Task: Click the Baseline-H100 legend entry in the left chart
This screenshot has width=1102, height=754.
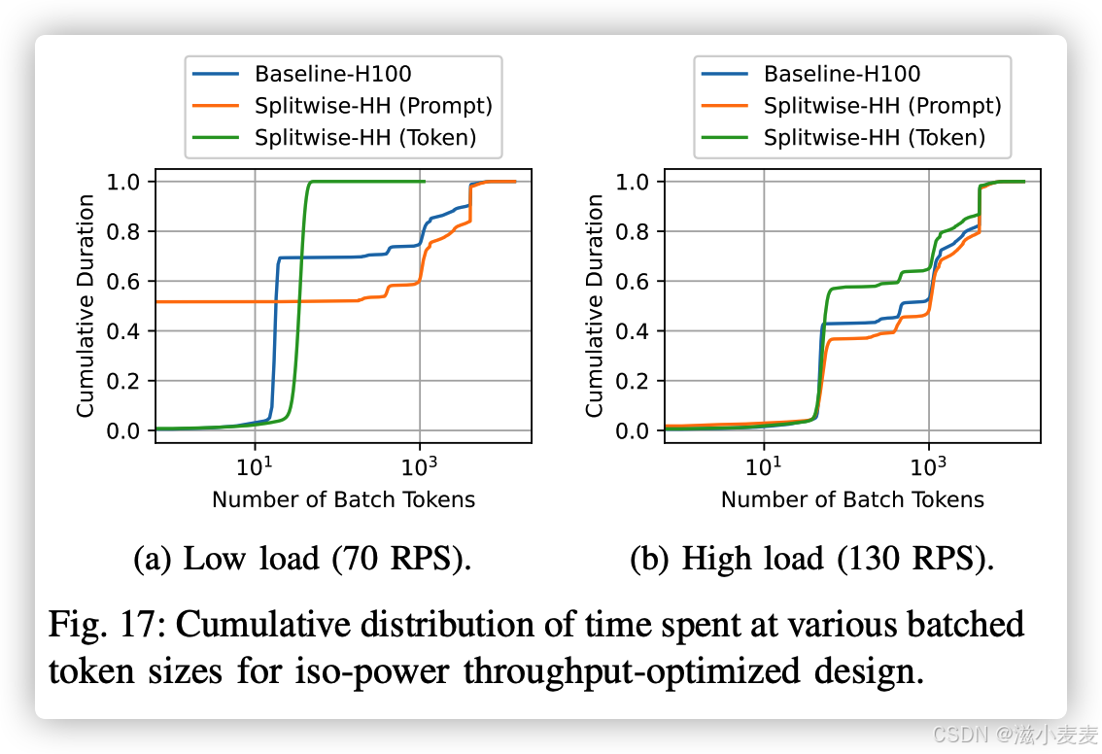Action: (332, 74)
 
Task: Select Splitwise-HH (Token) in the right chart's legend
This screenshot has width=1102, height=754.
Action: (875, 138)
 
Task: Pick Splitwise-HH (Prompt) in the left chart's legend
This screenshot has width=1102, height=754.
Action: (373, 106)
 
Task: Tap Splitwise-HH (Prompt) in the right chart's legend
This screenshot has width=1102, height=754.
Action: (882, 106)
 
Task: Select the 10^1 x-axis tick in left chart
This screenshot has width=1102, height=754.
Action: (255, 467)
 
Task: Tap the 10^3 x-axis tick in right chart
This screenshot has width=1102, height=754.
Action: (929, 467)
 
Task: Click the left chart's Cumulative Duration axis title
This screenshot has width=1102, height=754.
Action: (86, 306)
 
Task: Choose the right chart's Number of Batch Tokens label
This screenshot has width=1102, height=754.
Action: (852, 499)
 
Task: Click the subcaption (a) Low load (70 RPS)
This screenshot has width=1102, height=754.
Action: (301, 560)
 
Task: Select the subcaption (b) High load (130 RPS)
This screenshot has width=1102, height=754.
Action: (811, 560)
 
